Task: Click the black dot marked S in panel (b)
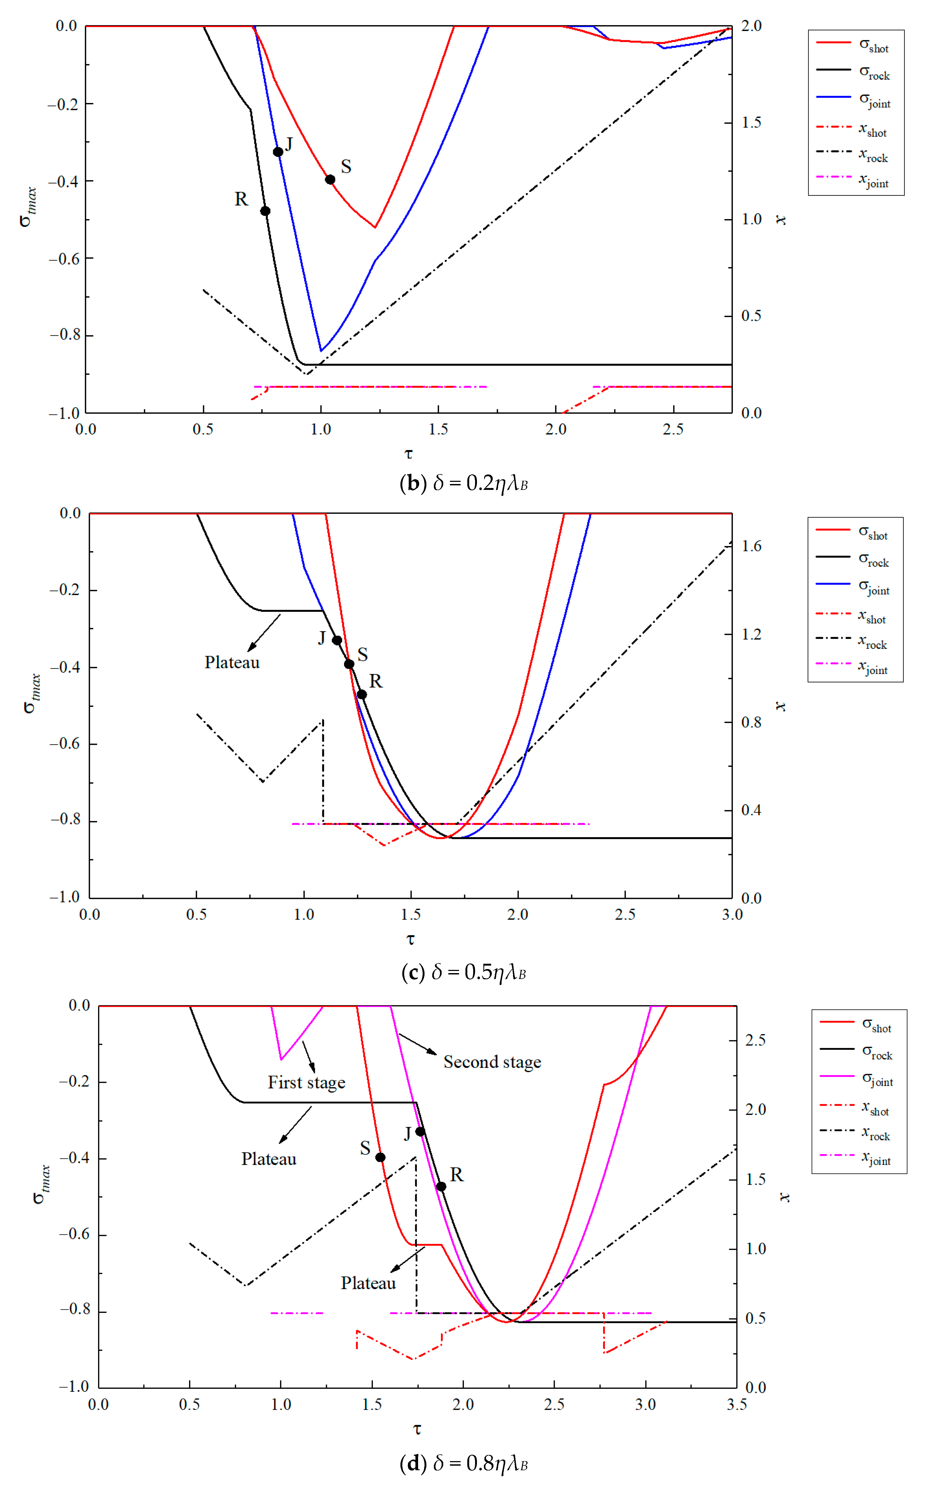pos(330,180)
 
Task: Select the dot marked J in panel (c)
pos(337,640)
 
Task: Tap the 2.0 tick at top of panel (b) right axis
pos(751,26)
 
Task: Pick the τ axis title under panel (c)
pos(410,939)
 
